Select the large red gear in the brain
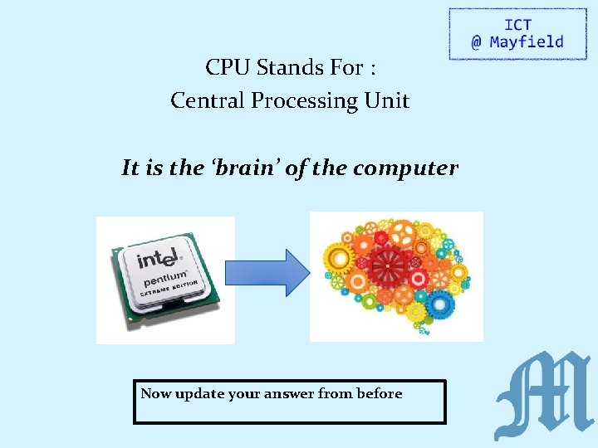pyautogui.click(x=387, y=265)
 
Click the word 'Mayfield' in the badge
pyautogui.click(x=527, y=42)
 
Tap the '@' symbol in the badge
pyautogui.click(x=476, y=42)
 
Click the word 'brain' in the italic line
pyautogui.click(x=247, y=168)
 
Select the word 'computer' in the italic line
pyautogui.click(x=405, y=169)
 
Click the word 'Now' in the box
pyautogui.click(x=155, y=393)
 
